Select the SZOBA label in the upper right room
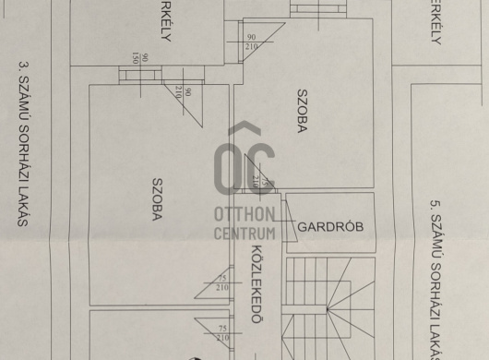pyautogui.click(x=302, y=113)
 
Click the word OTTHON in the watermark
pyautogui.click(x=244, y=214)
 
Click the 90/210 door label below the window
pyautogui.click(x=184, y=92)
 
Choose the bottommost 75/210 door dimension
pyautogui.click(x=221, y=333)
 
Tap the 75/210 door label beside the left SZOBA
pyautogui.click(x=221, y=283)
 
